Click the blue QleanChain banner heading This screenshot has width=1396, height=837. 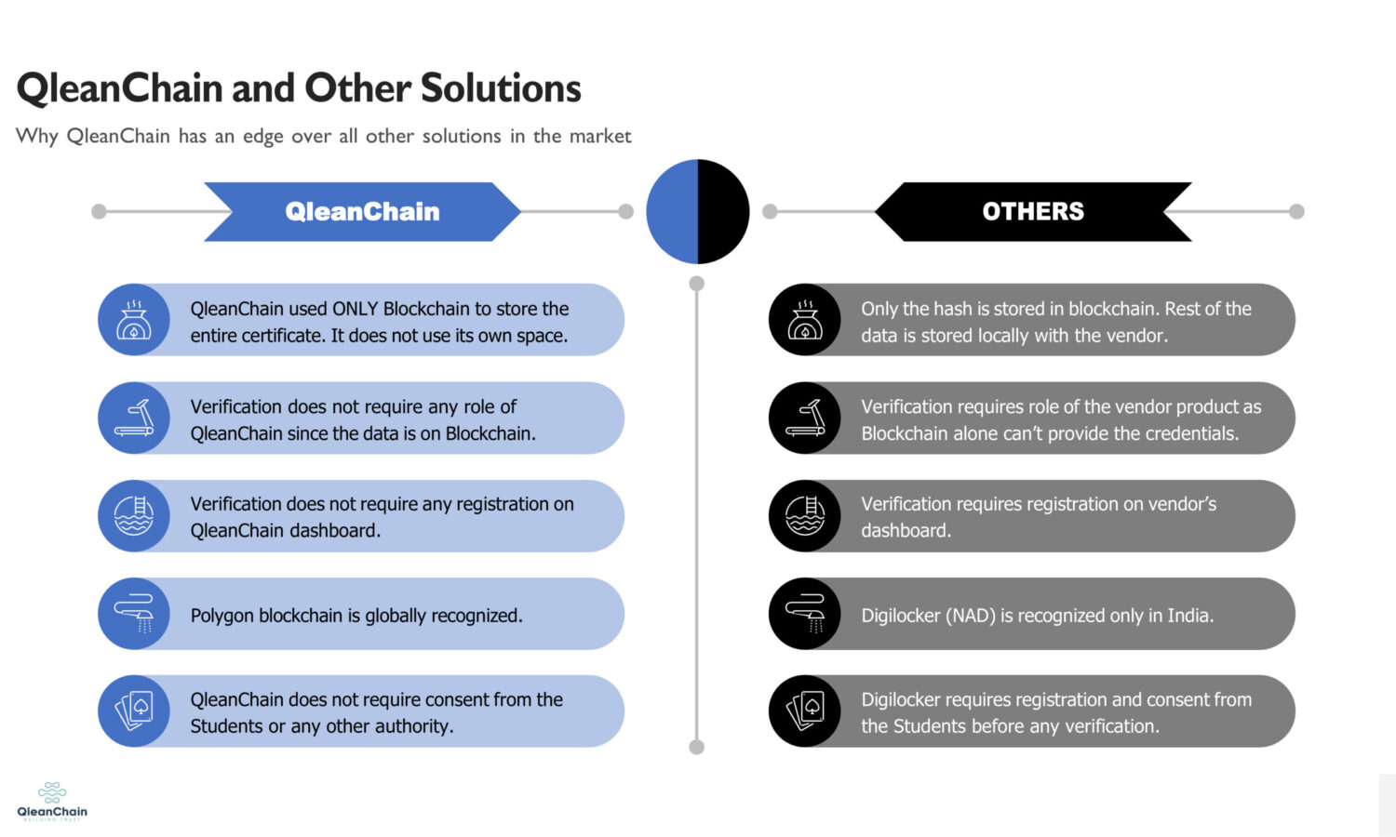[362, 212]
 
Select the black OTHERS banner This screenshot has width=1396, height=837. [1033, 212]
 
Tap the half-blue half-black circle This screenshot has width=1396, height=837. [697, 211]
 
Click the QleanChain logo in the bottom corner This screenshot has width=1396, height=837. [52, 801]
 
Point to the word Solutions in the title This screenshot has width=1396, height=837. [501, 88]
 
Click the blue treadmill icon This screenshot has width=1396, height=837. [134, 418]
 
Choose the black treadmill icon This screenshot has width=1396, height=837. [805, 418]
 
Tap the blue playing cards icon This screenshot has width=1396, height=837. [134, 711]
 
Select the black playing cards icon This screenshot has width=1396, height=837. [805, 711]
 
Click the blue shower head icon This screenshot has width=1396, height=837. [134, 614]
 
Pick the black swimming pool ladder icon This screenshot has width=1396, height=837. [805, 516]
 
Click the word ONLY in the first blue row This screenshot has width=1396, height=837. [355, 309]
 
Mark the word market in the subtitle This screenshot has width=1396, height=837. [600, 137]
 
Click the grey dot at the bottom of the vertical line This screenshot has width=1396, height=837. [697, 747]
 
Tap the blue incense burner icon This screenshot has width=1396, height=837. [134, 320]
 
